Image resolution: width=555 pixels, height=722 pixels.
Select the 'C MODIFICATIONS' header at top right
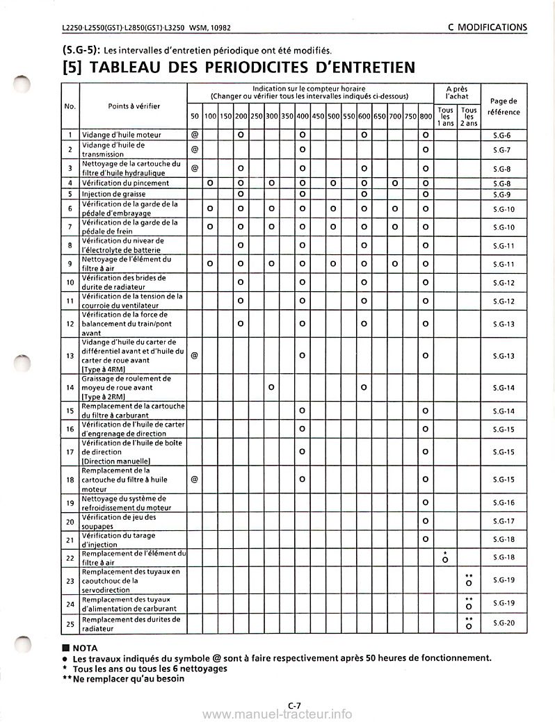(487, 27)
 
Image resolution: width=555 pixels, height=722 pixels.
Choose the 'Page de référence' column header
(504, 106)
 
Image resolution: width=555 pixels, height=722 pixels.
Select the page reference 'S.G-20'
(503, 623)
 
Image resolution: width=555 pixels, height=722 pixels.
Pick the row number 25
(70, 623)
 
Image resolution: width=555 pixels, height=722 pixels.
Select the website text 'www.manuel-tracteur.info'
(280, 714)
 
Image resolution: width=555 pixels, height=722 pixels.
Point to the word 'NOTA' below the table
(87, 646)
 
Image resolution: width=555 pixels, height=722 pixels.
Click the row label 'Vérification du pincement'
(125, 183)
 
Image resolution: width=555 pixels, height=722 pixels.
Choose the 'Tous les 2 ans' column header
(469, 116)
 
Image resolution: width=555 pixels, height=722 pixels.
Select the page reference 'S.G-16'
(503, 502)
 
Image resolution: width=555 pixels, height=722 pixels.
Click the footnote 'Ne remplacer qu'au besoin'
(129, 678)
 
